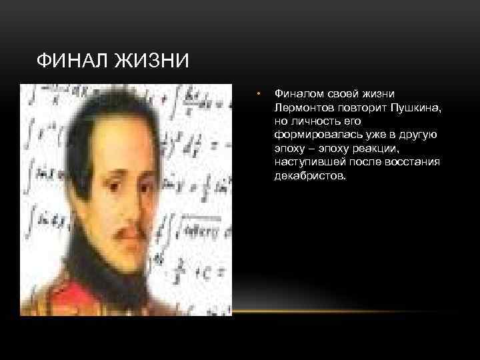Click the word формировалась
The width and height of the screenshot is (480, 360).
[x=309, y=135]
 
